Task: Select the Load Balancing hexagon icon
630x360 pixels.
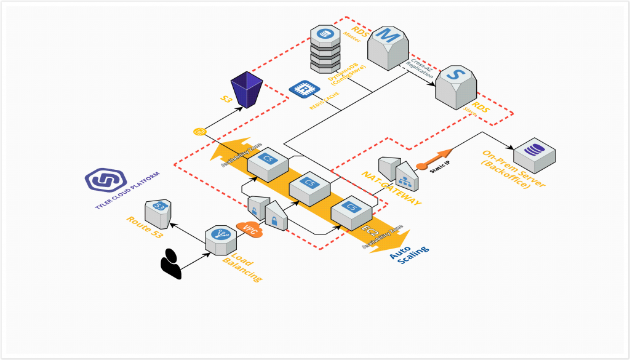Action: (x=221, y=238)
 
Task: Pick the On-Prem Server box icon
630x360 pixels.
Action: (x=534, y=154)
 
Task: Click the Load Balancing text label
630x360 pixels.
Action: (x=242, y=267)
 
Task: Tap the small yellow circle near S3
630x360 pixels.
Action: (x=198, y=131)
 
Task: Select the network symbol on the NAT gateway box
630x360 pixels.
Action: (x=405, y=178)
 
